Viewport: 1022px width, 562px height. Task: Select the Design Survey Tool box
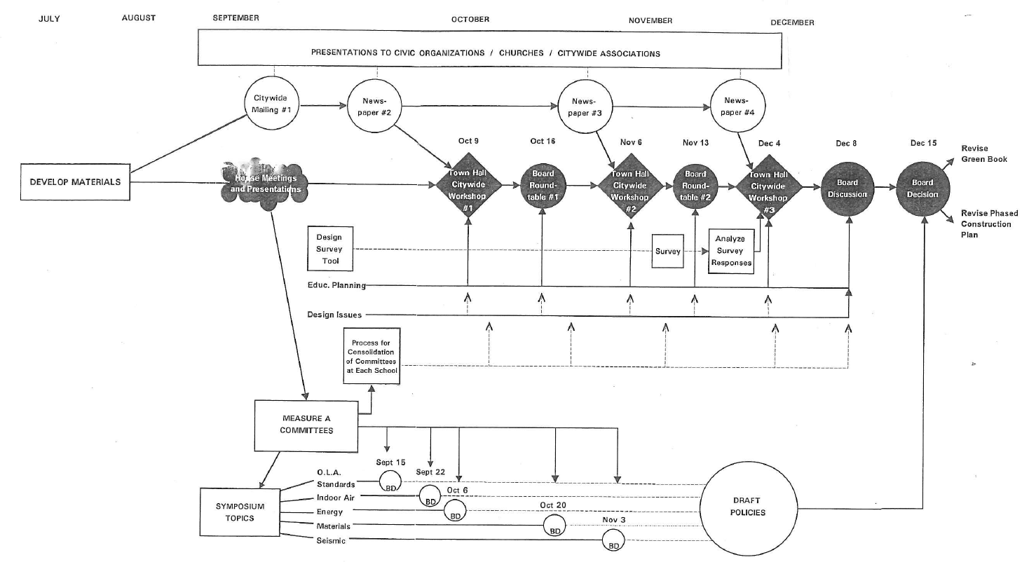[x=329, y=249]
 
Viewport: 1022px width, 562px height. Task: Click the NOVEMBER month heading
[x=650, y=20]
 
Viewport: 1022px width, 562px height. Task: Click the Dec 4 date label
[x=769, y=143]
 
